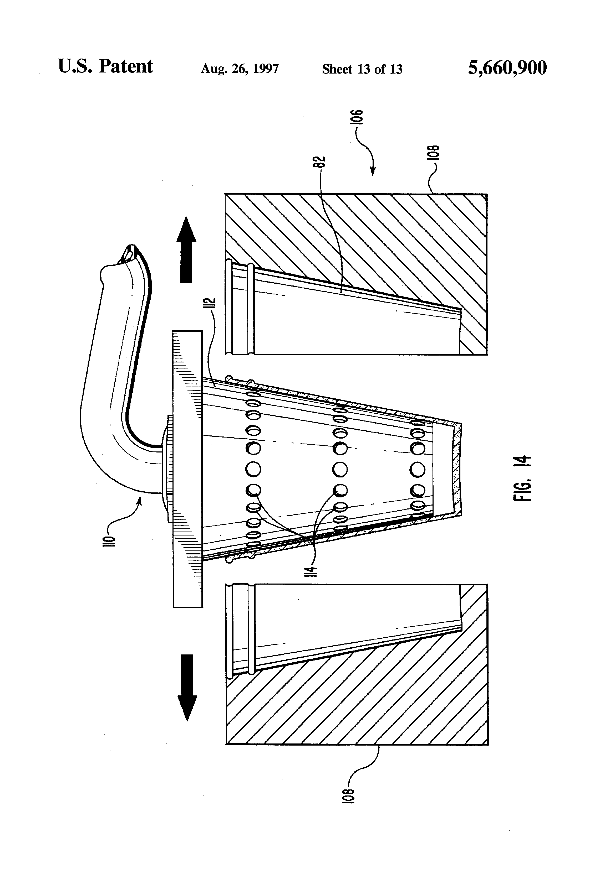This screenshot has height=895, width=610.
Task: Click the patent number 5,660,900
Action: click(507, 68)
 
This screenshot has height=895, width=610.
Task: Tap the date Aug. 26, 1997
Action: click(240, 69)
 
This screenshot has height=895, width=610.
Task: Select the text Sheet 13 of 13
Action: click(362, 69)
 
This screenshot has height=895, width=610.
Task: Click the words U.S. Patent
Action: click(105, 67)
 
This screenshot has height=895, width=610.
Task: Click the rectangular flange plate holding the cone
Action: click(187, 468)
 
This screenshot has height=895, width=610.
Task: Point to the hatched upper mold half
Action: click(385, 239)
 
